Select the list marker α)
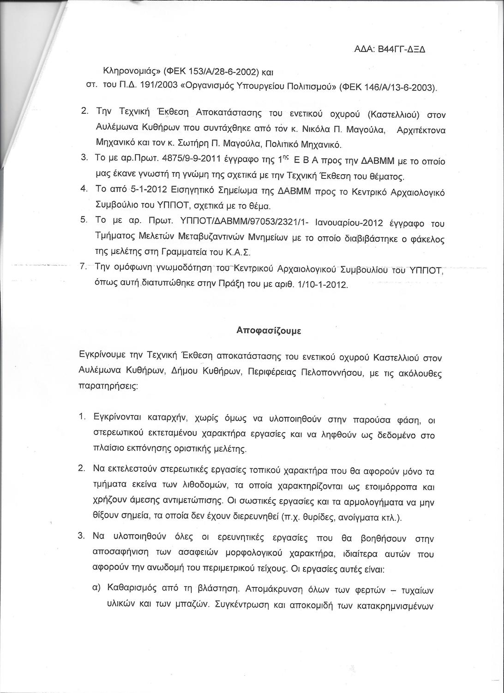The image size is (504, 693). pos(97,589)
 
